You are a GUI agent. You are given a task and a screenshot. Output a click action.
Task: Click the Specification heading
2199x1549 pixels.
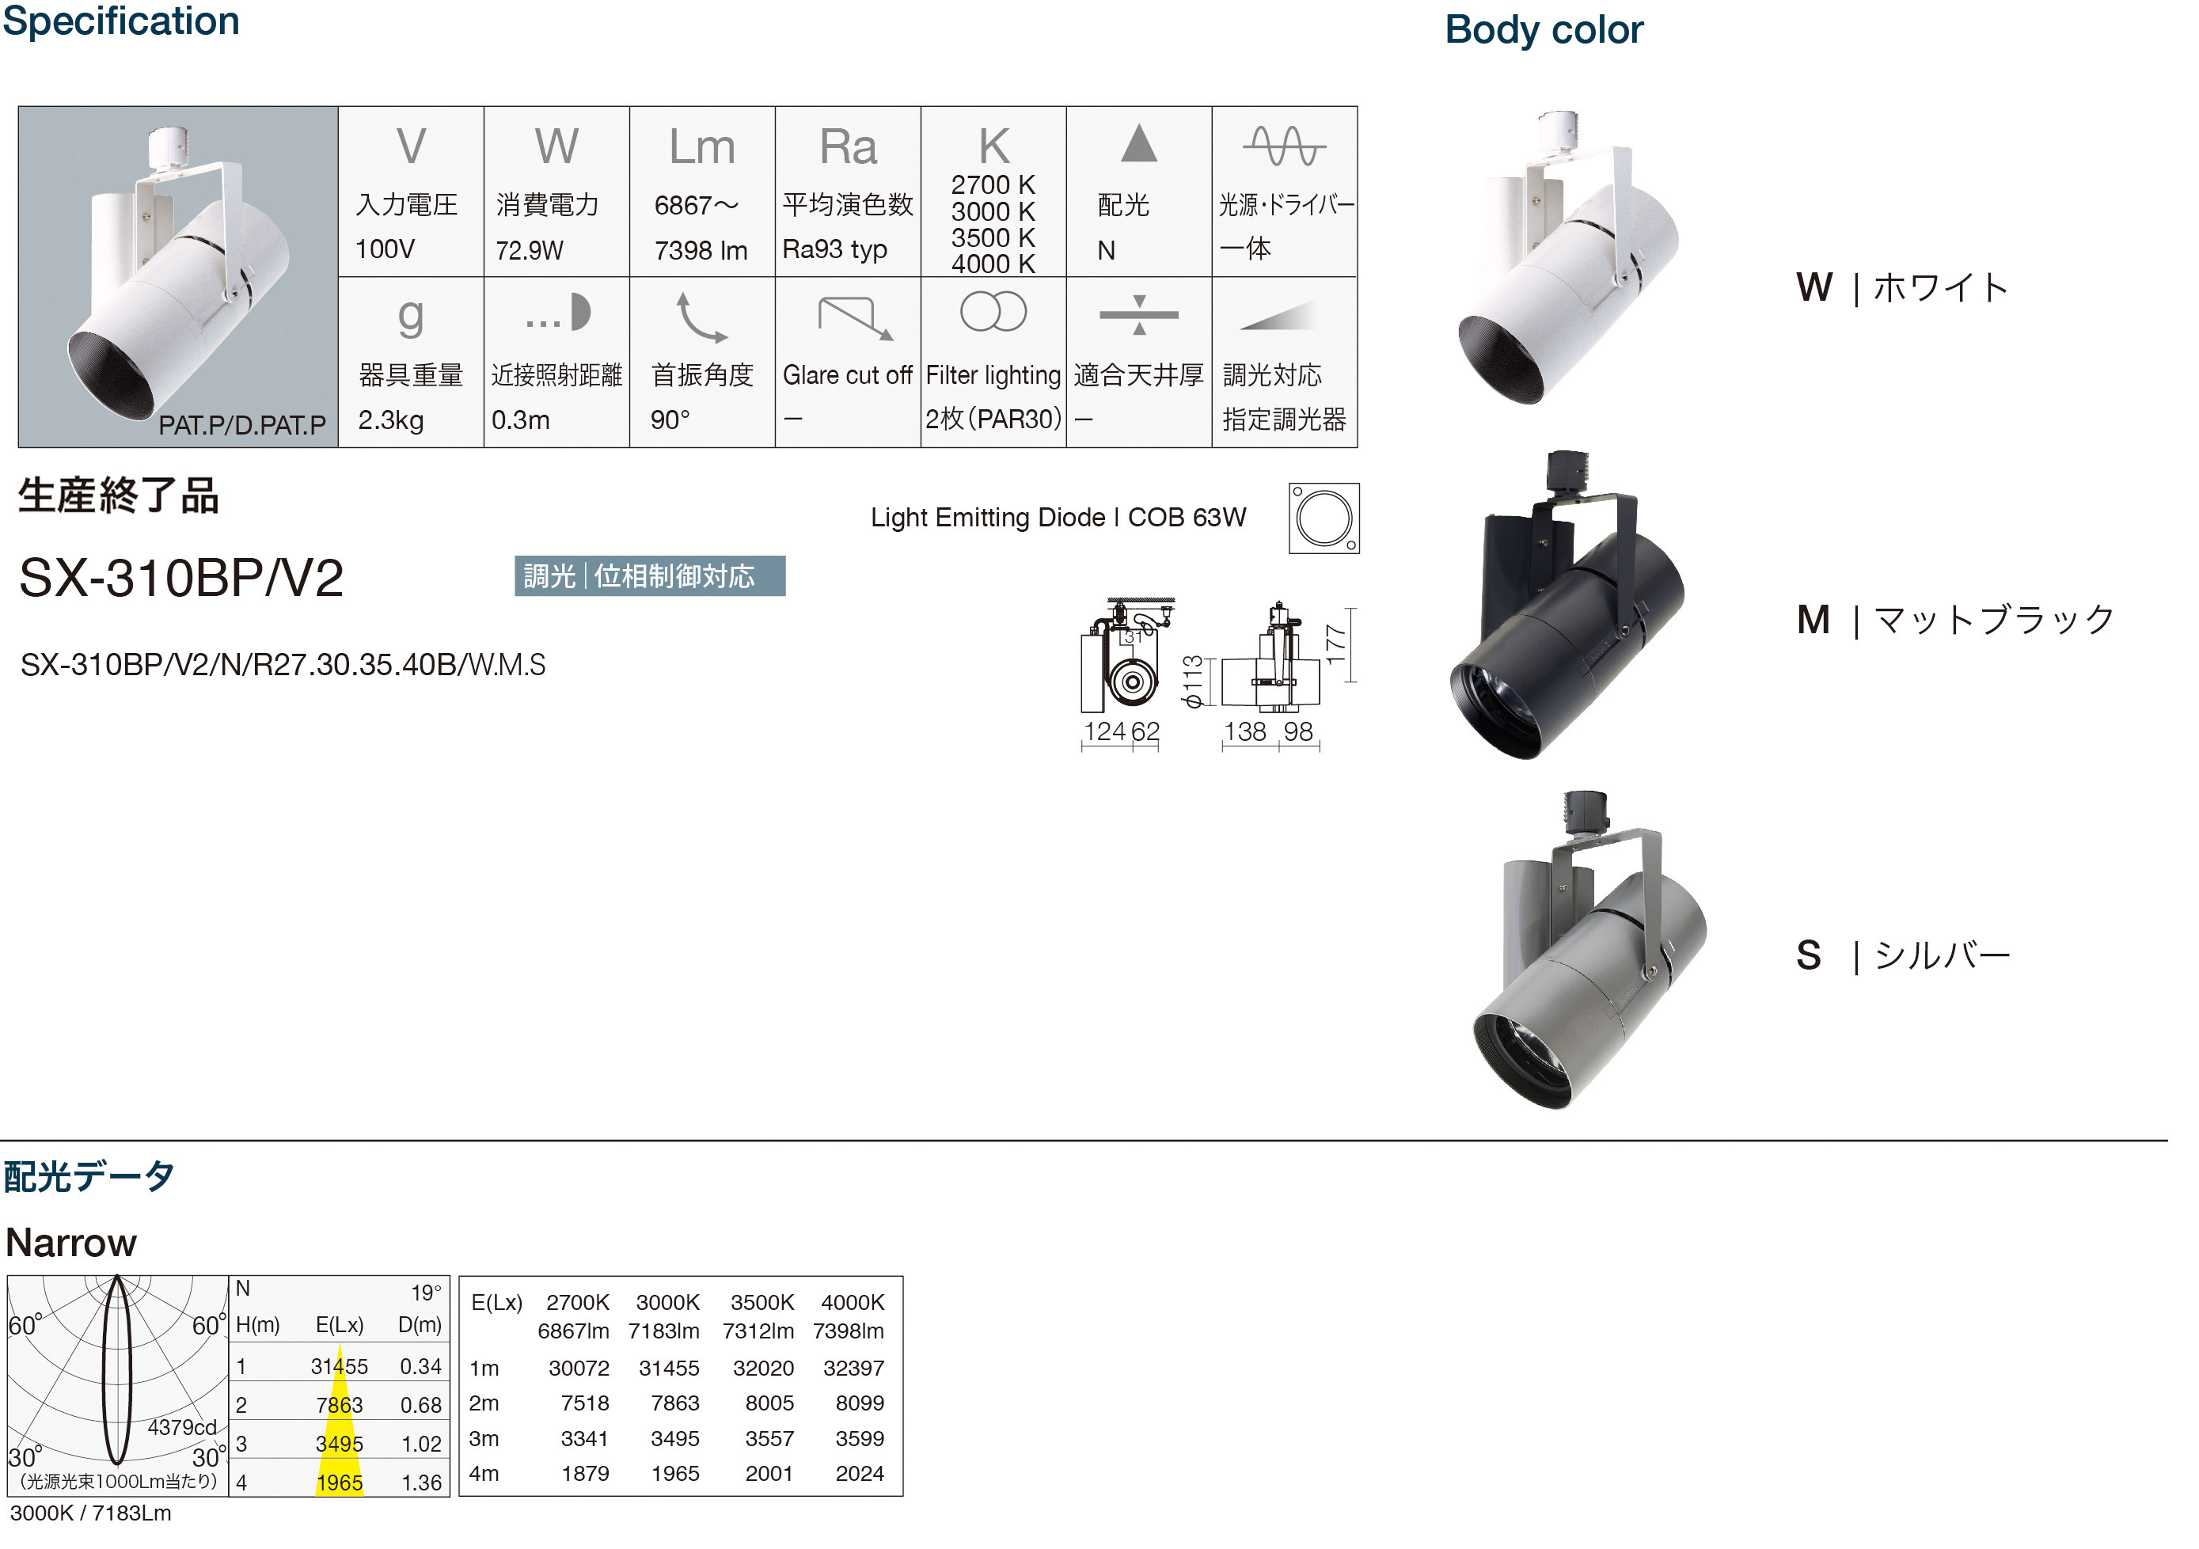pos(120,21)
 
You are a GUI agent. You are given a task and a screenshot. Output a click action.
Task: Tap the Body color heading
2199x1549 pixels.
pos(1544,30)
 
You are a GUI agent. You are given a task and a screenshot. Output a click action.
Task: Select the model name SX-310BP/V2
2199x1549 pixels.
pos(181,578)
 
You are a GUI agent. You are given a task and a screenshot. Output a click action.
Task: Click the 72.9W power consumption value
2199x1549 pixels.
pos(530,250)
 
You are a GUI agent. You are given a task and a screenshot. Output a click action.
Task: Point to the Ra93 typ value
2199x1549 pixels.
pos(834,249)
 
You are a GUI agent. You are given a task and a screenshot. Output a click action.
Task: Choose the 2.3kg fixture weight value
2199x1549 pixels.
pos(391,420)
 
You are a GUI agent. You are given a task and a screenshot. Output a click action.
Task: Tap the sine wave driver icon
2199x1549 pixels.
pos(1285,146)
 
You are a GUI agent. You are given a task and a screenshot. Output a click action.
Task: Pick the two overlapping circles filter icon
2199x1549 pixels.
pos(993,311)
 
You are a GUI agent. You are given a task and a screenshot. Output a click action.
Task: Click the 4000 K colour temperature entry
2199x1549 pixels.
pos(993,264)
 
